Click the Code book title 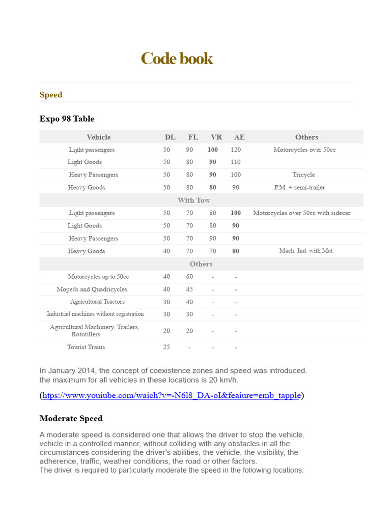(177, 59)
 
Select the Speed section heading (51, 95)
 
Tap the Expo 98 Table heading (67, 119)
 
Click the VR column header (216, 137)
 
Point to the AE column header (239, 137)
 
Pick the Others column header (306, 137)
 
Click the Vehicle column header (98, 137)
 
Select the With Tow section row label (193, 200)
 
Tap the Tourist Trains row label (86, 347)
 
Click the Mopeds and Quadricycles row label (92, 289)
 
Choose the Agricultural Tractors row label (97, 302)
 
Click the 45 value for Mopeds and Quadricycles (189, 289)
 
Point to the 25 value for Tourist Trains (166, 347)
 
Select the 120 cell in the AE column (235, 150)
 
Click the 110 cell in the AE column (235, 162)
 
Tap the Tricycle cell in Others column (303, 175)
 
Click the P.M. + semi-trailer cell (299, 187)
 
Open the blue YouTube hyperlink (172, 395)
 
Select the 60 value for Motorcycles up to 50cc (189, 277)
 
